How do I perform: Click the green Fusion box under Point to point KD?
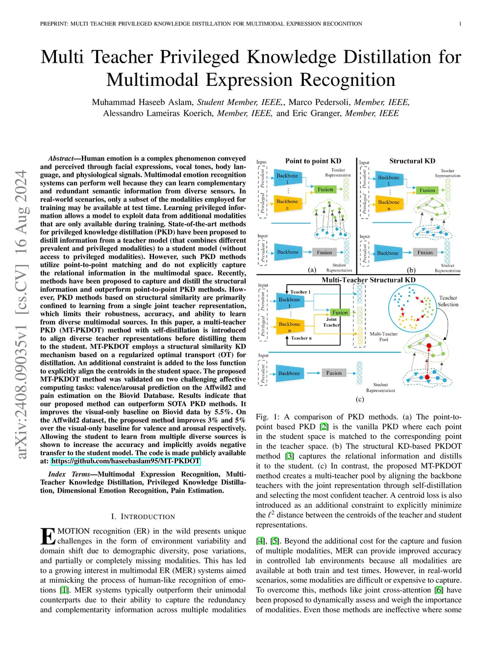[325, 189]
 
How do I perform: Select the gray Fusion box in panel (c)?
[334, 373]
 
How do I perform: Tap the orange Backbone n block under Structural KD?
[389, 205]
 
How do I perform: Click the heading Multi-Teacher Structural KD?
[368, 280]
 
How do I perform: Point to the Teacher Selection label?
[448, 301]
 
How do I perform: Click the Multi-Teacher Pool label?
[383, 337]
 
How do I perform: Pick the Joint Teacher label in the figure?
[331, 322]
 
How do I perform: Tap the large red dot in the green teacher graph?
[429, 346]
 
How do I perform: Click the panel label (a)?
[312, 269]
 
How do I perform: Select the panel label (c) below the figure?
[360, 399]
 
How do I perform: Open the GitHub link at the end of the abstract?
[125, 461]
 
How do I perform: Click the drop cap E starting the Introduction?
[48, 536]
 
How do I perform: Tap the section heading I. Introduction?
[143, 517]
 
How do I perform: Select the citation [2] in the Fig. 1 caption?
[324, 427]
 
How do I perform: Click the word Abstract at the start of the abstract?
[60, 158]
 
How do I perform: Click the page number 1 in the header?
[460, 24]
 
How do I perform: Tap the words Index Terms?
[69, 474]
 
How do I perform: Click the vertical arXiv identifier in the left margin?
[21, 314]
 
